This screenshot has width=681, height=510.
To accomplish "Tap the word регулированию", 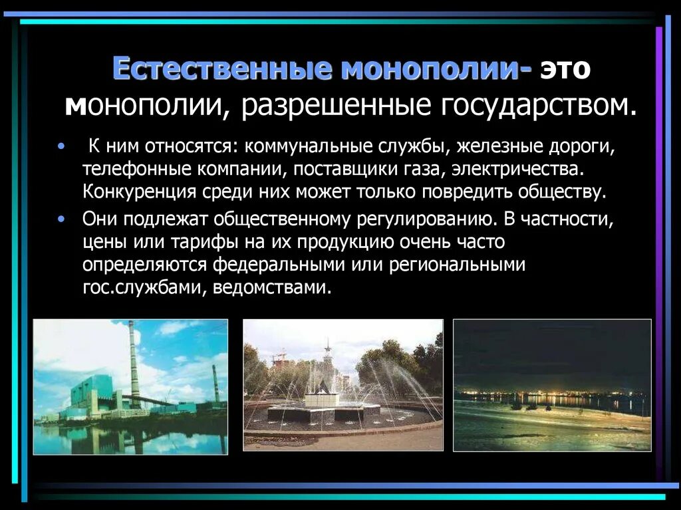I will point(422,218).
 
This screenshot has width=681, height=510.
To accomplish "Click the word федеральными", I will point(273,265).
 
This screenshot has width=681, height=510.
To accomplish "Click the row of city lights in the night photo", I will point(552,396).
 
